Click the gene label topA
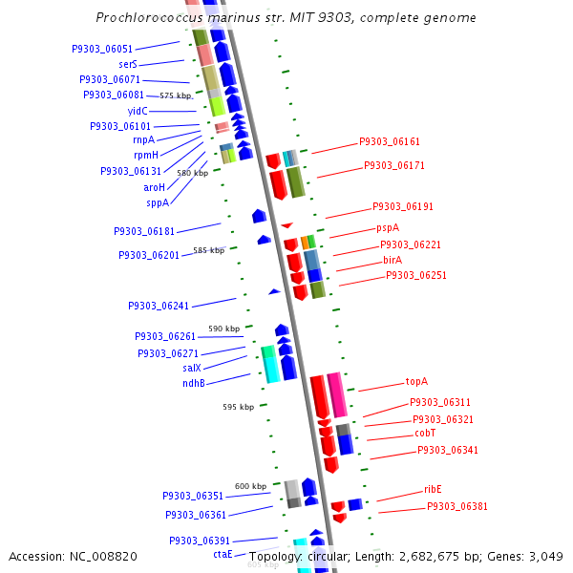click(x=416, y=381)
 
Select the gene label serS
click(x=128, y=64)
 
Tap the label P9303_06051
click(x=102, y=49)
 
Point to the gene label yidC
click(x=138, y=111)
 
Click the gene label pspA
click(x=387, y=228)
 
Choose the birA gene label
click(x=393, y=260)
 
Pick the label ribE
click(x=433, y=489)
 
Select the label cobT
click(x=425, y=433)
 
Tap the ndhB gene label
click(x=194, y=383)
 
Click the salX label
click(x=192, y=368)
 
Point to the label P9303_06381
click(x=456, y=506)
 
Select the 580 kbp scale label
click(x=192, y=173)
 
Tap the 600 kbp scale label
click(x=250, y=486)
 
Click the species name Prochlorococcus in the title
click(x=143, y=18)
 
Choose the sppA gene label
click(x=158, y=202)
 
